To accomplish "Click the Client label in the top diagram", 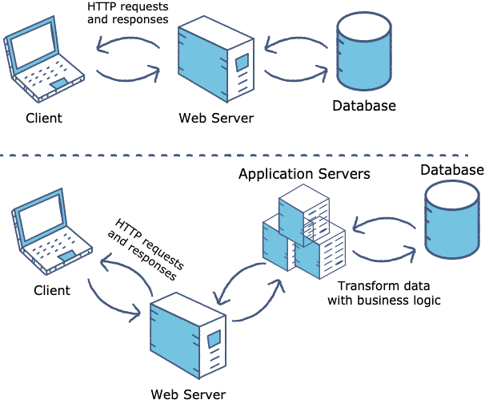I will (x=43, y=119).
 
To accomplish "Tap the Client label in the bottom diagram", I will (x=51, y=289).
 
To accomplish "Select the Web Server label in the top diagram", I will (x=215, y=119).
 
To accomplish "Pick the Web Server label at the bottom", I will (x=188, y=393).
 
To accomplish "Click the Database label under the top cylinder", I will (x=363, y=106).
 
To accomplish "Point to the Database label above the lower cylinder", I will (x=452, y=169).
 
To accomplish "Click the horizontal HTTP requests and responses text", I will (x=127, y=13).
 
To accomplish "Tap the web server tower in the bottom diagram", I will (x=187, y=335).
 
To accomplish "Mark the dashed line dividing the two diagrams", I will (x=240, y=155).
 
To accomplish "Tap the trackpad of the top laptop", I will (x=59, y=83).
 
